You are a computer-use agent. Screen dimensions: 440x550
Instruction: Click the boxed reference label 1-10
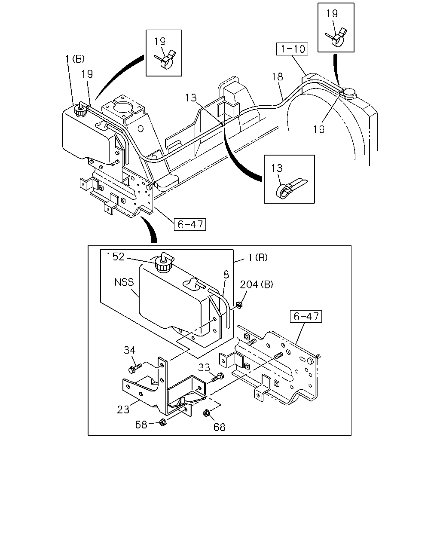tap(292, 49)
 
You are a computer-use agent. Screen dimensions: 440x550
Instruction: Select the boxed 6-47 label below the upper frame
tap(190, 224)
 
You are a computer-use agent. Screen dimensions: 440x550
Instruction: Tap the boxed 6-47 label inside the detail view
tap(306, 317)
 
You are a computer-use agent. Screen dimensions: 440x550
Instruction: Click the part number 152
tap(115, 257)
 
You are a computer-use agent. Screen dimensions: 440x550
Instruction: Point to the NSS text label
tap(124, 282)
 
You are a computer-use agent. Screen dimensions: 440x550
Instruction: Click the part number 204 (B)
tap(257, 284)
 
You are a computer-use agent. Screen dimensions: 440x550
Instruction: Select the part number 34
tap(130, 350)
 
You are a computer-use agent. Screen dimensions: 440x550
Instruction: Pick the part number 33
tap(204, 367)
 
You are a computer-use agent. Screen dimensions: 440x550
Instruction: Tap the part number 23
tap(123, 409)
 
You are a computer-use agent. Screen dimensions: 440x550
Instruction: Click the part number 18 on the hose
tap(278, 76)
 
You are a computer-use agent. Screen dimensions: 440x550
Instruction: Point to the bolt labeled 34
tap(134, 369)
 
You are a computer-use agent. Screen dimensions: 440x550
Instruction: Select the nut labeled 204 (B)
tap(239, 305)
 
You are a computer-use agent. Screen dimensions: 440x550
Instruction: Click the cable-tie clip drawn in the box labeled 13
tap(290, 189)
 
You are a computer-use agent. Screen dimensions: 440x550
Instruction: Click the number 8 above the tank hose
tap(226, 275)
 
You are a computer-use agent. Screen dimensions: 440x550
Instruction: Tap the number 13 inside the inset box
tap(277, 168)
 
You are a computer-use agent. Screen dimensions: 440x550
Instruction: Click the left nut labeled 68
tap(162, 422)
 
